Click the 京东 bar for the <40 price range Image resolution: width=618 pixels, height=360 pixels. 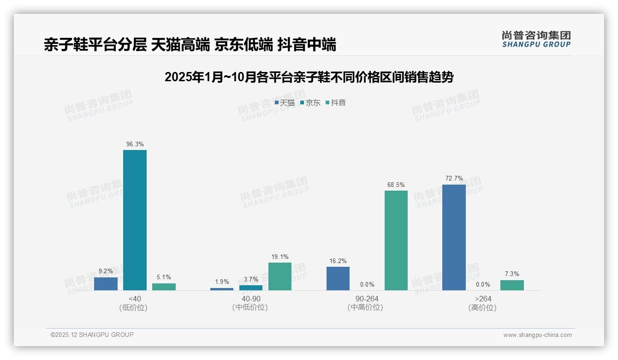135,220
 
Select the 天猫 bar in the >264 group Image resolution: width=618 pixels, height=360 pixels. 454,237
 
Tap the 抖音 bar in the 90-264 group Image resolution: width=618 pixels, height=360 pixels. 396,240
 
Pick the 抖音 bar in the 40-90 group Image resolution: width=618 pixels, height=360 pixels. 280,276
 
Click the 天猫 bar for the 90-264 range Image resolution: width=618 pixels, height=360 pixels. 338,278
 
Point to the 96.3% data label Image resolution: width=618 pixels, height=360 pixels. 135,144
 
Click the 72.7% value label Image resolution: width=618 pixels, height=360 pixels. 454,179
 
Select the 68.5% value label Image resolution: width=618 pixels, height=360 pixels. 396,185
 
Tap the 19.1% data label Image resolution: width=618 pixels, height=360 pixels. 280,257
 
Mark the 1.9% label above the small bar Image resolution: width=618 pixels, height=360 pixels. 222,282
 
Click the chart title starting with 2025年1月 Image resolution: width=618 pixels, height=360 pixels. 309,77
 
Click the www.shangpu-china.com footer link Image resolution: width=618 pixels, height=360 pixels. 537,335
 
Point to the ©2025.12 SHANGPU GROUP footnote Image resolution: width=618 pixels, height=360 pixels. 92,335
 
